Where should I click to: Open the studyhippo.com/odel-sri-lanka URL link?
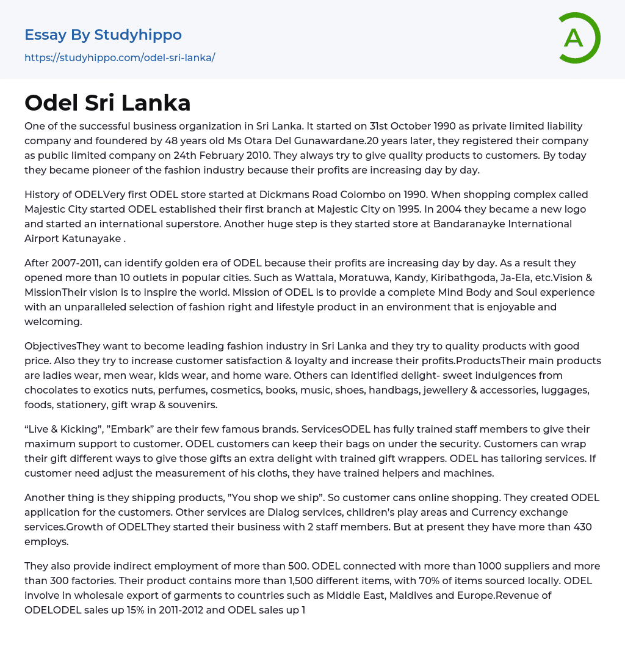coord(120,57)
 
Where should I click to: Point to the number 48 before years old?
coord(169,141)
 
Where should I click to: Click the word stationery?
coord(84,405)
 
